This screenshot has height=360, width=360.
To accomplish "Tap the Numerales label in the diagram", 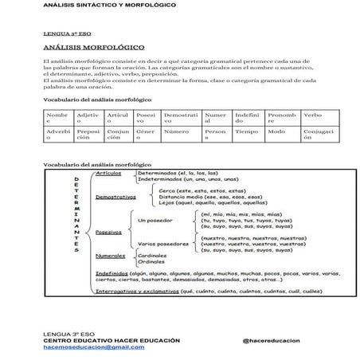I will click(111, 256).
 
